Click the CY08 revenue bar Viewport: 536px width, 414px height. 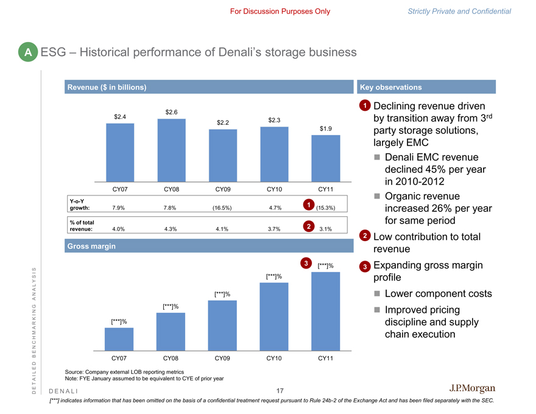tap(171, 149)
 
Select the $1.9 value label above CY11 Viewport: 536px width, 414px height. tap(326, 128)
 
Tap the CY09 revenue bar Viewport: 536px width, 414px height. tap(223, 155)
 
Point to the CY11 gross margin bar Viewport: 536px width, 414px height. tap(326, 311)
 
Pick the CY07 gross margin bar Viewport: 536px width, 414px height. tap(119, 339)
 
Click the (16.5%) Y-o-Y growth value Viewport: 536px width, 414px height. tap(222, 208)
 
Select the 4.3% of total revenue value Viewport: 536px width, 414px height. tap(171, 229)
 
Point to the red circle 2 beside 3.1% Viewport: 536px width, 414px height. tap(309, 226)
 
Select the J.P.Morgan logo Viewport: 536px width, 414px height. tap(472, 388)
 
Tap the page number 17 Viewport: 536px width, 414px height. tap(280, 390)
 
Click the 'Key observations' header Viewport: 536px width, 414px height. tap(391, 87)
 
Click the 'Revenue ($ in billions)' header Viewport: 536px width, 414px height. tap(106, 87)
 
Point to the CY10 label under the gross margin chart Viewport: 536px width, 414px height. tap(274, 359)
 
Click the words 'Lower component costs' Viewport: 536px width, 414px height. tap(438, 293)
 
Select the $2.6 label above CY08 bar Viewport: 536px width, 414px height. tap(171, 111)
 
